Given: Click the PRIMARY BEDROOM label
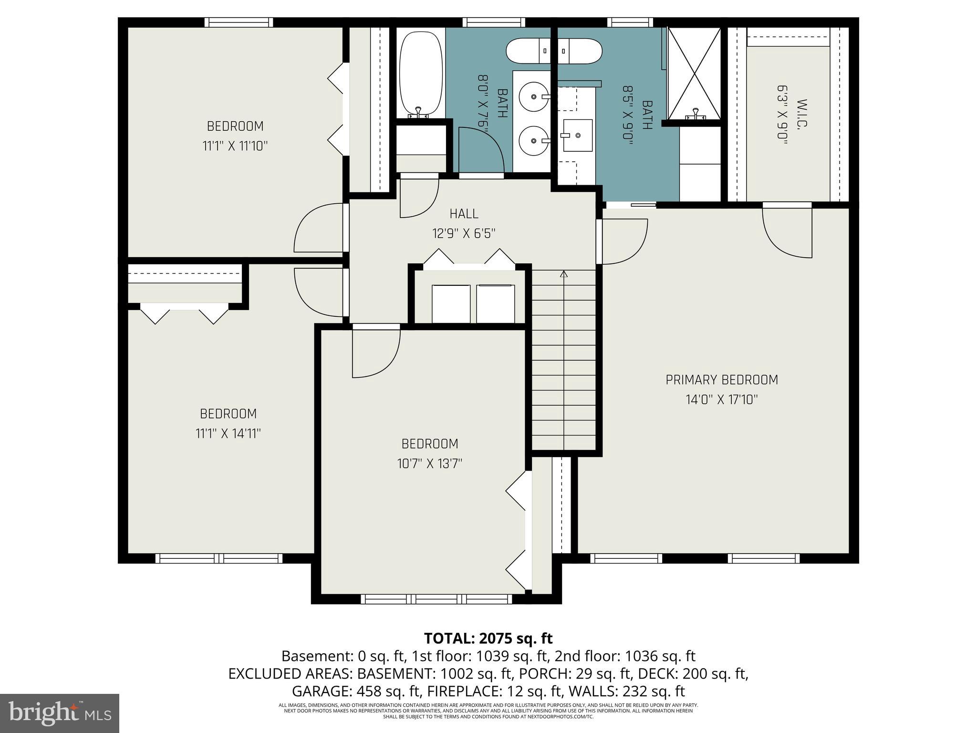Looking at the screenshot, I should (x=721, y=380).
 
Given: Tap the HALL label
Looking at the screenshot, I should (x=464, y=213).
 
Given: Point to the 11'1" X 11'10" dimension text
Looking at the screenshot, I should (x=235, y=146).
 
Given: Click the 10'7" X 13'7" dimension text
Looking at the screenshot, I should (x=429, y=463).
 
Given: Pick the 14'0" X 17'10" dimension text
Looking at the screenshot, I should (x=721, y=399).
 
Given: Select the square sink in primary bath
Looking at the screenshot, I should (x=577, y=136).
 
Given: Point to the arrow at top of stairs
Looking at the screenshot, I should (x=564, y=274).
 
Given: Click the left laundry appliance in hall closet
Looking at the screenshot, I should (x=451, y=304).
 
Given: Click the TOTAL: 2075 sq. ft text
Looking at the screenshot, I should (x=488, y=638).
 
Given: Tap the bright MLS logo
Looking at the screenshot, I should (x=60, y=713).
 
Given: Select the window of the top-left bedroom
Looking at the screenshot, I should (x=239, y=22).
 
